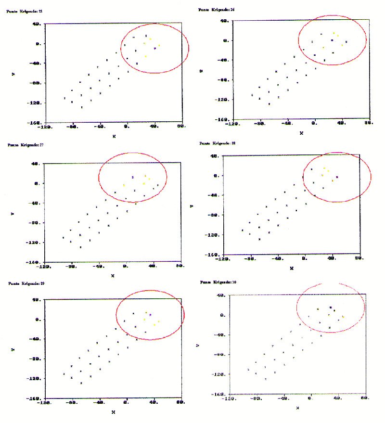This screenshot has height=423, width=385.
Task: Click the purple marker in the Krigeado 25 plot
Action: click(155, 49)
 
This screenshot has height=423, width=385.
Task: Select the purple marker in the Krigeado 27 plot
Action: click(132, 178)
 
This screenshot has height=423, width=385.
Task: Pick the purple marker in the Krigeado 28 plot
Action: click(337, 177)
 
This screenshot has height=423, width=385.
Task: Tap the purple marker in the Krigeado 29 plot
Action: click(150, 315)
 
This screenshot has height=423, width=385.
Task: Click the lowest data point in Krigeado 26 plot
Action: click(269, 104)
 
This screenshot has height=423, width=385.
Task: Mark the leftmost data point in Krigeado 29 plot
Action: click(64, 374)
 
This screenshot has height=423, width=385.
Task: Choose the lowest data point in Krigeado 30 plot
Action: click(266, 379)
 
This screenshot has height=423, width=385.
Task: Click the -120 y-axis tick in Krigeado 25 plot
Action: click(34, 103)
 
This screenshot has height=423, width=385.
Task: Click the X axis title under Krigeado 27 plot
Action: click(112, 276)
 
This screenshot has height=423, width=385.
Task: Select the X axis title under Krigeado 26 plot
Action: click(301, 133)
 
